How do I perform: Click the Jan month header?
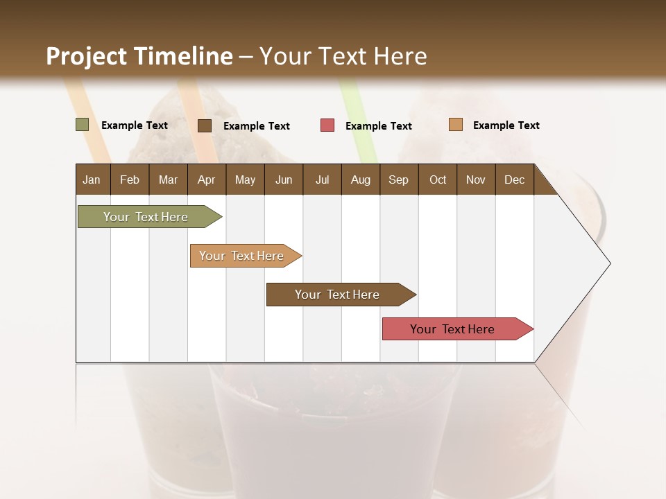pyautogui.click(x=92, y=180)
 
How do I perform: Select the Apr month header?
pyautogui.click(x=207, y=180)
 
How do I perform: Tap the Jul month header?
pyautogui.click(x=322, y=180)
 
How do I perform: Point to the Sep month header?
pyautogui.click(x=399, y=180)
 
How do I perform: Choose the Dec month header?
pyautogui.click(x=514, y=180)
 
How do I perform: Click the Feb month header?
pyautogui.click(x=130, y=180)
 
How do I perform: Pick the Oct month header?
pyautogui.click(x=438, y=180)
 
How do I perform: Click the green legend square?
pyautogui.click(x=83, y=125)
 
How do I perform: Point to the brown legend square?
pyautogui.click(x=205, y=125)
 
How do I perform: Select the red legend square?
pyautogui.click(x=327, y=125)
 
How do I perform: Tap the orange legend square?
pyautogui.click(x=455, y=125)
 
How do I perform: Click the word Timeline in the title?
pyautogui.click(x=183, y=56)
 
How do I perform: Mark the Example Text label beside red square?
pyautogui.click(x=378, y=126)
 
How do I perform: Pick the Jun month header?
pyautogui.click(x=284, y=180)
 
